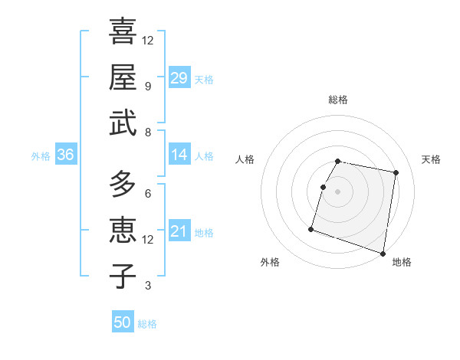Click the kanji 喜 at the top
(x=123, y=31)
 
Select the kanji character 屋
(x=123, y=77)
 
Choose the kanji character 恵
(x=123, y=230)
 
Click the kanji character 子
(x=123, y=276)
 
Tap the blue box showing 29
(x=179, y=78)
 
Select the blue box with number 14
(x=179, y=155)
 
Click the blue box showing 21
(x=179, y=232)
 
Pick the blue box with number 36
(x=66, y=155)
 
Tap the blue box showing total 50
(x=123, y=322)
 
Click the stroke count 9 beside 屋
(x=147, y=86)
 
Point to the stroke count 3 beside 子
(x=147, y=286)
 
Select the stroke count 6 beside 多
(x=147, y=193)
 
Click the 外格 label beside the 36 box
(x=41, y=156)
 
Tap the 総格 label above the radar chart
(x=338, y=100)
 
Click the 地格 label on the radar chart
(x=402, y=262)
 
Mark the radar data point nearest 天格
(x=396, y=173)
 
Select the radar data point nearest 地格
(x=383, y=253)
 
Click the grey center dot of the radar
(x=338, y=191)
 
